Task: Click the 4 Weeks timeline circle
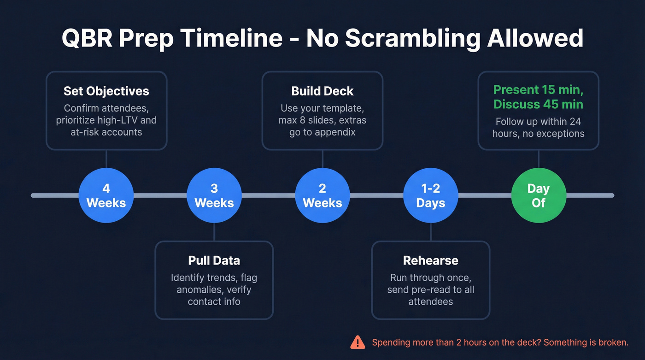point(106,195)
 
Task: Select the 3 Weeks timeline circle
point(214,195)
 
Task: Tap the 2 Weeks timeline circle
point(322,195)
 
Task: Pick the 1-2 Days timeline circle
point(430,195)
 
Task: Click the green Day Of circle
point(539,195)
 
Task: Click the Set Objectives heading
point(106,91)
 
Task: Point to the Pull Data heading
point(214,260)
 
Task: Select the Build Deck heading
point(322,91)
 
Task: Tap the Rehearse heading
point(431,260)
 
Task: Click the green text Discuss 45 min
point(539,104)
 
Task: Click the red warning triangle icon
point(358,342)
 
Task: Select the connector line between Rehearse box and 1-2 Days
point(431,232)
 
